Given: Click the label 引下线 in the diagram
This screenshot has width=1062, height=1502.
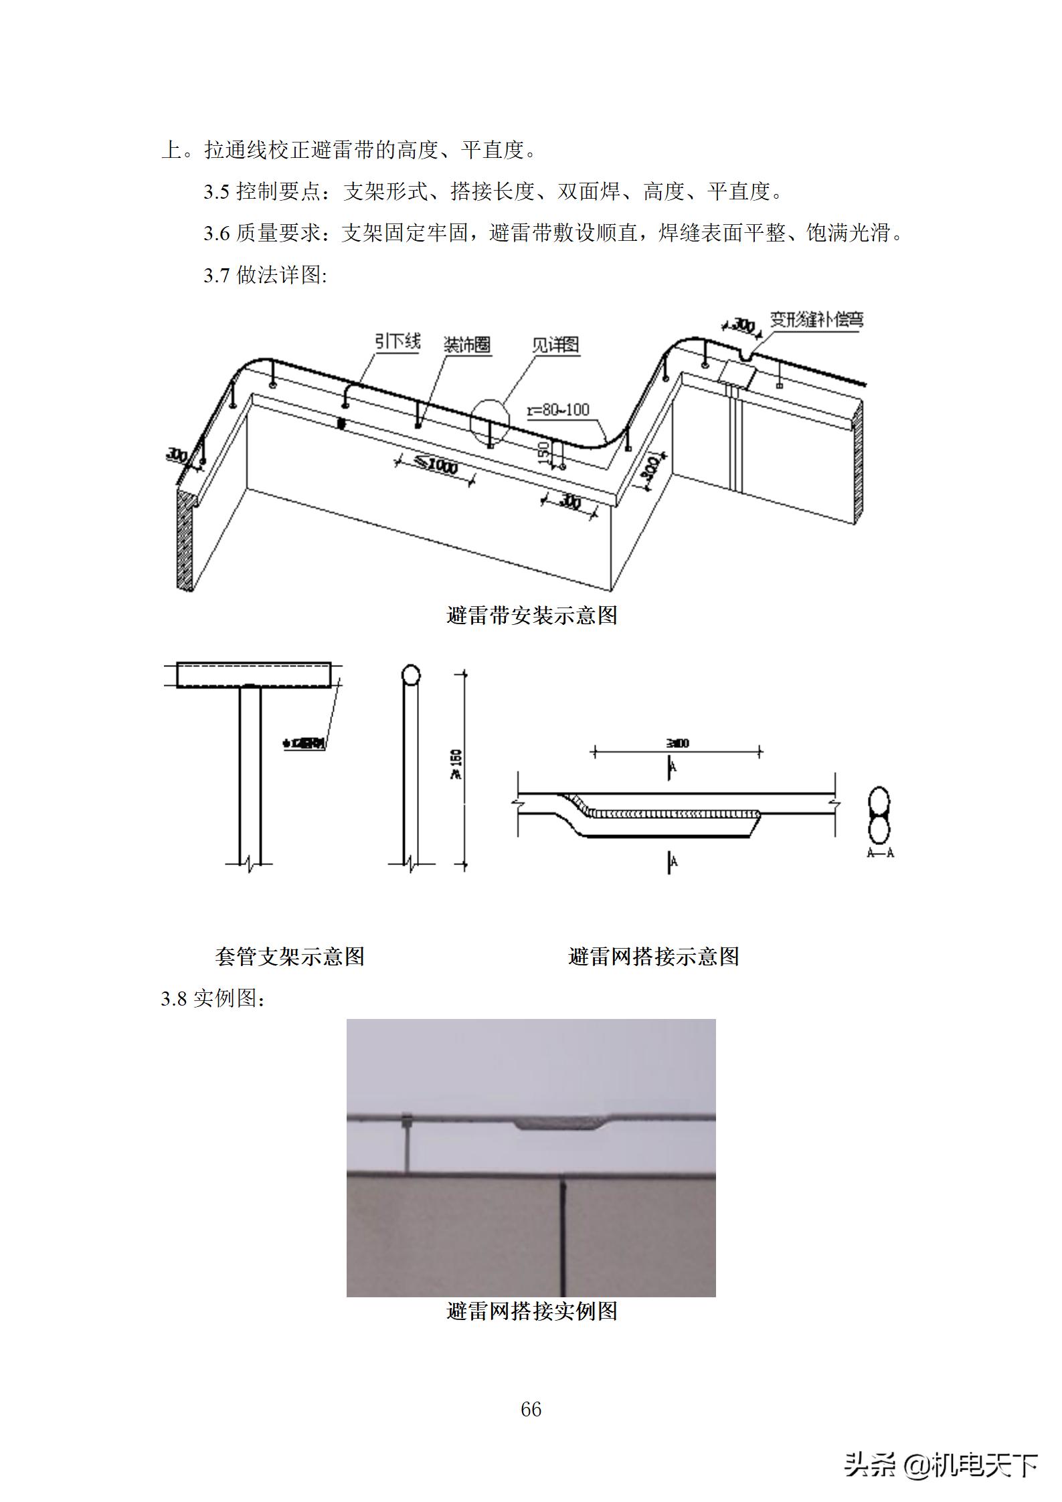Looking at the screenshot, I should point(397,342).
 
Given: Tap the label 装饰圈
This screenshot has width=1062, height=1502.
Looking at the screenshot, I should point(467,345).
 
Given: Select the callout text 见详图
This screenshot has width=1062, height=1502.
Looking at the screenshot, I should point(555,345).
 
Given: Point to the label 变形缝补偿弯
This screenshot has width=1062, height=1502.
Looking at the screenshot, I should point(816,319).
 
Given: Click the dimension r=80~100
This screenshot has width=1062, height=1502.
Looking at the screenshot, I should point(558,409).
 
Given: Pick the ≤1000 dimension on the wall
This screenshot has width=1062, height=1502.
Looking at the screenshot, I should point(435,464).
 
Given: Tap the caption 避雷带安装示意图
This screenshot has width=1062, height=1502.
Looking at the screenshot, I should point(531,615).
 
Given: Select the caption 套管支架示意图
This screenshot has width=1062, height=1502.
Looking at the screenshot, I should point(289,956).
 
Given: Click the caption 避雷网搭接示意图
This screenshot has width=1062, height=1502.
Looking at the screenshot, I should point(653,956).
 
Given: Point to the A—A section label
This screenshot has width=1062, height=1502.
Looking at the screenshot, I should point(880,853).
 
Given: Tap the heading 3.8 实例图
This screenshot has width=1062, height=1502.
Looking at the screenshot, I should point(213,998).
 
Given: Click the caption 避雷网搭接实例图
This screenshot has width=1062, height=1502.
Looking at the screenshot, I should point(531,1311).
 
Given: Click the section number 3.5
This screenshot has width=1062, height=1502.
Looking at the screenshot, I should point(217,192).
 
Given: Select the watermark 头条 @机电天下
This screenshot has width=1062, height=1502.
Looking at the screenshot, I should point(940,1466).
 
